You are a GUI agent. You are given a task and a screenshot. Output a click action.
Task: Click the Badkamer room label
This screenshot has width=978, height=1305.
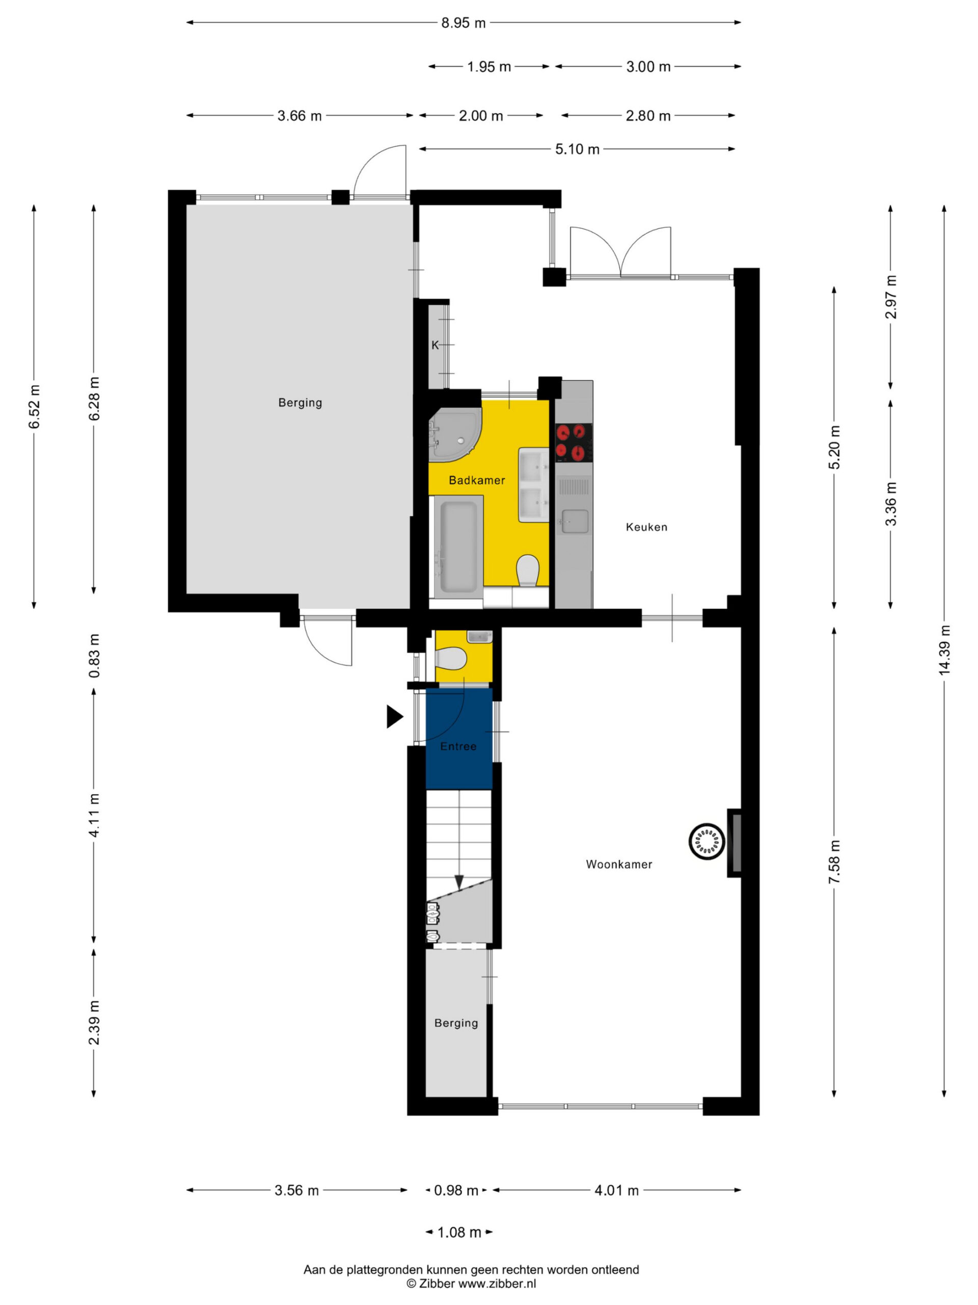click(476, 480)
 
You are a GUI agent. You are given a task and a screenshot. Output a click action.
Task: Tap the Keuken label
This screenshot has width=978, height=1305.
click(647, 527)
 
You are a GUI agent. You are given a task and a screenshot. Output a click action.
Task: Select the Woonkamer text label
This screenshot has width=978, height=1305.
click(619, 864)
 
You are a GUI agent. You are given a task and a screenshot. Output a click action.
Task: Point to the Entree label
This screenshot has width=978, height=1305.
click(458, 746)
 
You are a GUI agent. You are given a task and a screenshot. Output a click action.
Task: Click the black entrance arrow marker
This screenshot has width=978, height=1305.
click(394, 716)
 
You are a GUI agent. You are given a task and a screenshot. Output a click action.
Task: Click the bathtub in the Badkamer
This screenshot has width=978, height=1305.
click(459, 546)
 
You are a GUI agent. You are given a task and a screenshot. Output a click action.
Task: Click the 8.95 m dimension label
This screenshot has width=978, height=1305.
click(464, 23)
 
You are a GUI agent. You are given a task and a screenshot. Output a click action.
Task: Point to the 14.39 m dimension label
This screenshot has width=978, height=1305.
click(944, 649)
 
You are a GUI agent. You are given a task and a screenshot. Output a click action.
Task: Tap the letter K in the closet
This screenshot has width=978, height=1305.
click(435, 346)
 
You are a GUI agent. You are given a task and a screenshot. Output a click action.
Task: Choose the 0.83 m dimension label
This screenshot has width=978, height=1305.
click(94, 656)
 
